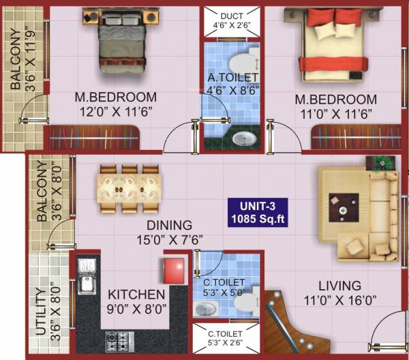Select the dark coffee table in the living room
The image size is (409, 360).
point(342,207)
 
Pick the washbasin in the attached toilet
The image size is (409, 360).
point(242,139)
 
